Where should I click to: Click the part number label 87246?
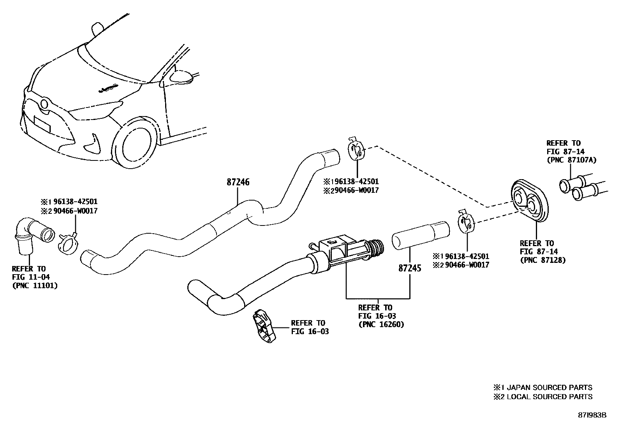tap(238, 182)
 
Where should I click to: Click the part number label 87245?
tap(410, 268)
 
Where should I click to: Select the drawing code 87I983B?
tap(592, 415)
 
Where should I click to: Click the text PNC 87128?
tap(542, 260)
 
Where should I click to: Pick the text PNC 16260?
tap(381, 324)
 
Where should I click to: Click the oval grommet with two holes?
tap(528, 201)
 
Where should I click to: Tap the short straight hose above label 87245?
tap(421, 235)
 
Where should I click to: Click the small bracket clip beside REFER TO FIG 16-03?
tap(263, 327)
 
